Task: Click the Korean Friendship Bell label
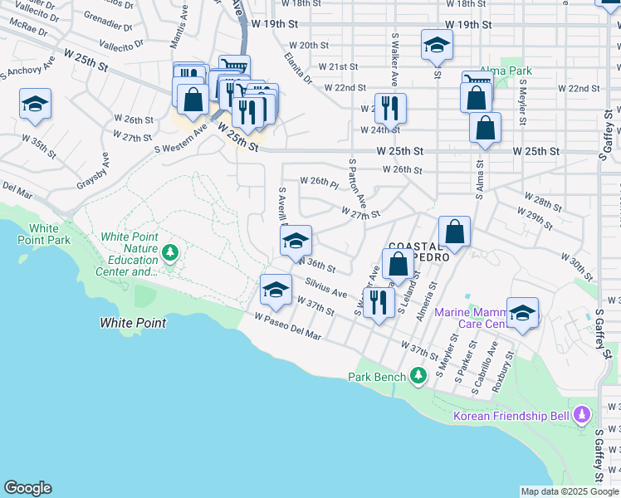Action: pyautogui.click(x=510, y=416)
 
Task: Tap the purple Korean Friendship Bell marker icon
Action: pyautogui.click(x=582, y=413)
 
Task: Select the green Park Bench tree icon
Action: pyautogui.click(x=418, y=377)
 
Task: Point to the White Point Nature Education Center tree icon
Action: pyautogui.click(x=170, y=251)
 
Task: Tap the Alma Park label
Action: pyautogui.click(x=509, y=71)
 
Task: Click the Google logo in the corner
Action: pyautogui.click(x=27, y=488)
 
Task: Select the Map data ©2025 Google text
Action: pyautogui.click(x=570, y=491)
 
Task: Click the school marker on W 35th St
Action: pyautogui.click(x=35, y=105)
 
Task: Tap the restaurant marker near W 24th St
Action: pyautogui.click(x=389, y=108)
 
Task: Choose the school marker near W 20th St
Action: pyautogui.click(x=436, y=46)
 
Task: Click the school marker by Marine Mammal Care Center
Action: pyautogui.click(x=522, y=313)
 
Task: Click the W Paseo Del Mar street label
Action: pyautogui.click(x=288, y=326)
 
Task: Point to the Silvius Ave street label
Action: pyautogui.click(x=325, y=288)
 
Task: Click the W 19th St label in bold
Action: pyautogui.click(x=476, y=25)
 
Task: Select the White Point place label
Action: pyautogui.click(x=133, y=323)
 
